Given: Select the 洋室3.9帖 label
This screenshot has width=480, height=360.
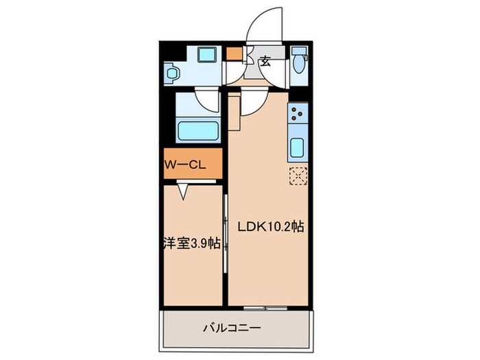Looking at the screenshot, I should click(191, 243).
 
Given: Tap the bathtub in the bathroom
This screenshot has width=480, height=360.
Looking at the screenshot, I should click(198, 130).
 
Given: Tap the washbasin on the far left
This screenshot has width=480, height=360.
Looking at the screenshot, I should click(172, 72).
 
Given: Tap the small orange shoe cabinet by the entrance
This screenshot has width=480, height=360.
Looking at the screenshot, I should click(234, 53).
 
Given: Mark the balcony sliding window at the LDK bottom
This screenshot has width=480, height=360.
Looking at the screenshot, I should click(265, 309).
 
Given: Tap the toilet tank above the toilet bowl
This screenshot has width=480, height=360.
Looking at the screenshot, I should click(300, 51).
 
